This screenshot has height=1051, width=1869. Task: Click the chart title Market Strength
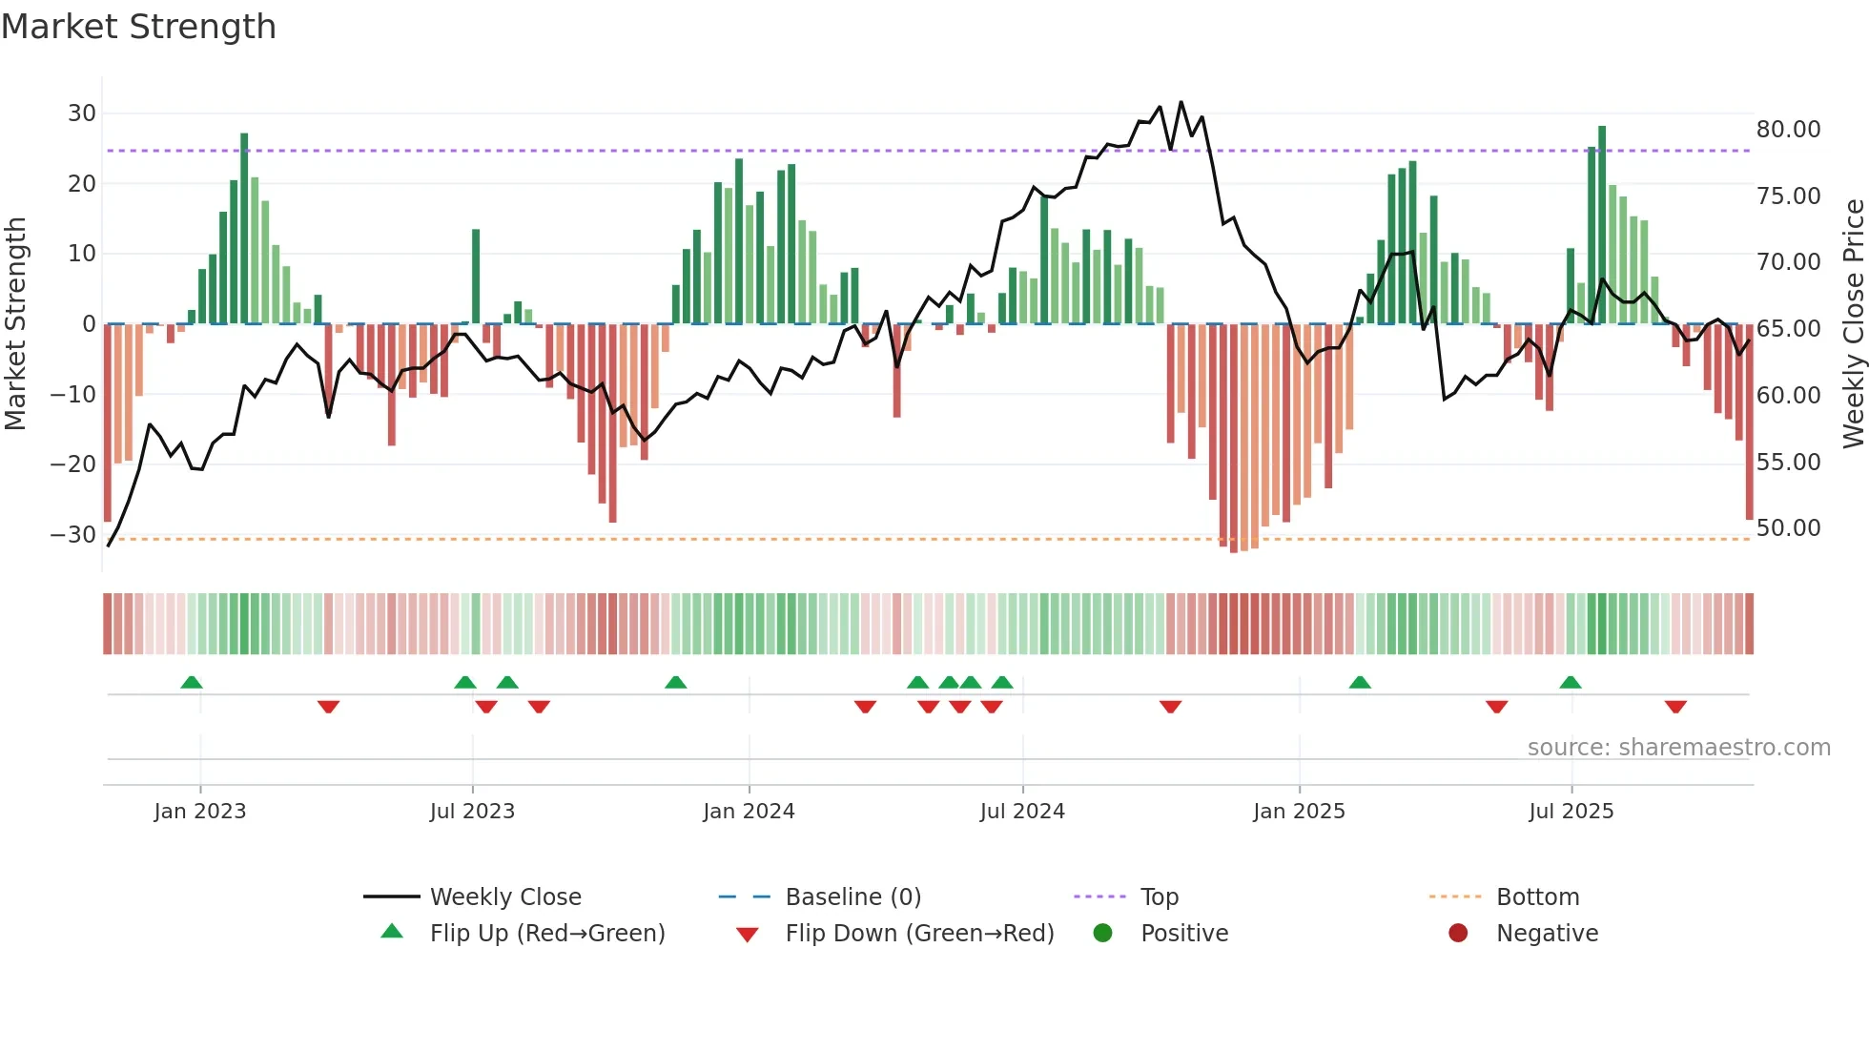(x=138, y=27)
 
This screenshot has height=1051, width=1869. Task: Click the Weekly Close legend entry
(x=504, y=897)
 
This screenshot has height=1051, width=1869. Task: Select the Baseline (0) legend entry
(x=852, y=897)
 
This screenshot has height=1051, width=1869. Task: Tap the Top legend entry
(x=1159, y=897)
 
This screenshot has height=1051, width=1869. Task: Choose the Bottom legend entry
(x=1537, y=897)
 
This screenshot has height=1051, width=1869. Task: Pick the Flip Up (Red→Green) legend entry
(x=546, y=934)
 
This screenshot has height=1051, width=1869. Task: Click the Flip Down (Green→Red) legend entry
(x=919, y=934)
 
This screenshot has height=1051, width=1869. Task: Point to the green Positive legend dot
(x=1103, y=934)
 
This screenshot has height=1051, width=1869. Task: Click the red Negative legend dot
(x=1458, y=934)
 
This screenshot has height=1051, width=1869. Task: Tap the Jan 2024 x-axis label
(x=749, y=812)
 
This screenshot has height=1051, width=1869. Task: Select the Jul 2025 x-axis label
(x=1571, y=812)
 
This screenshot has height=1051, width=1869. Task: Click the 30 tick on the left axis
(x=82, y=113)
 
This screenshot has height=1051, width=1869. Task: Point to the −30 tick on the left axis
(x=73, y=535)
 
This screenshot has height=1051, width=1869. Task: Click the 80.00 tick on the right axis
(x=1788, y=130)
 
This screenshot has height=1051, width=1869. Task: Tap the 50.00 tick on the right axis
(x=1788, y=528)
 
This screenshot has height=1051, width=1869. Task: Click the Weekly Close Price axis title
(x=1853, y=324)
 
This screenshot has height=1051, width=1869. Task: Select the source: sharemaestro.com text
(x=1678, y=748)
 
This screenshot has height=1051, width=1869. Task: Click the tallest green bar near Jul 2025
(x=1602, y=224)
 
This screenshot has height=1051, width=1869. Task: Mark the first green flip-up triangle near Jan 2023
(x=192, y=683)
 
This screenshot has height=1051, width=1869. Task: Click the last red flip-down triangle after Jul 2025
(x=1675, y=707)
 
